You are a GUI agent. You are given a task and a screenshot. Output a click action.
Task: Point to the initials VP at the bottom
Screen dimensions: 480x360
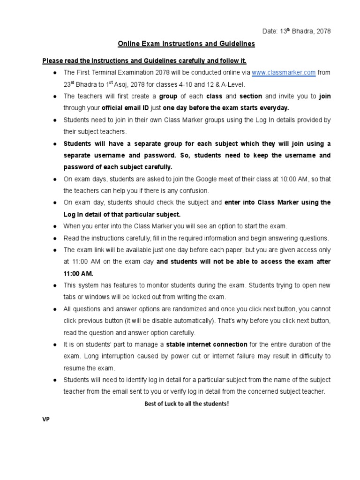46,420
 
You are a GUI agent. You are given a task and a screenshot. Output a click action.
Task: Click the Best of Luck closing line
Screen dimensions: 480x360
186,403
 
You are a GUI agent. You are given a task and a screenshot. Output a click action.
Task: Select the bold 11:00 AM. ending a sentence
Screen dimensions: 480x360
78,273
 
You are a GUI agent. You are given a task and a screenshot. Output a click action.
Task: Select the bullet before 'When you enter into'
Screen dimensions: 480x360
55,226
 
